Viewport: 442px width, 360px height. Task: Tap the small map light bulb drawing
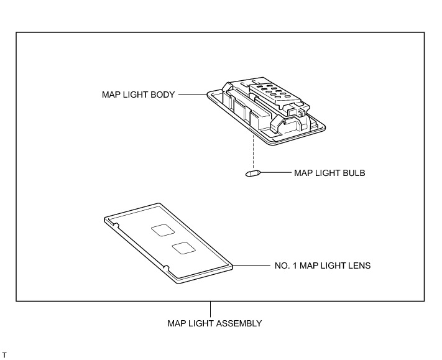252,173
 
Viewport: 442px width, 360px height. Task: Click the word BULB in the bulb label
353,173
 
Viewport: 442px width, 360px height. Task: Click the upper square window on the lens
163,230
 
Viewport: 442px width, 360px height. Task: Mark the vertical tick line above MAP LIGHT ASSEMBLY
211,309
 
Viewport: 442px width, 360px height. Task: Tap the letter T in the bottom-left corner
4,355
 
